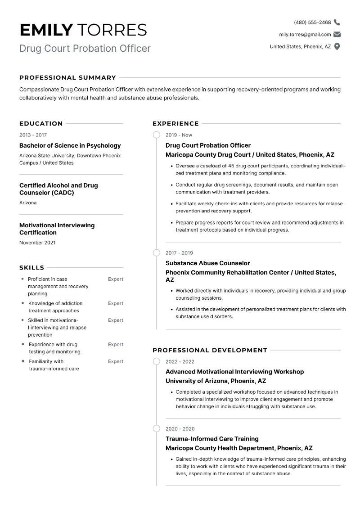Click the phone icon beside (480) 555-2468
[337, 23]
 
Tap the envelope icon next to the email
[337, 35]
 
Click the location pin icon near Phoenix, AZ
[337, 46]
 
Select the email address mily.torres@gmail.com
[305, 35]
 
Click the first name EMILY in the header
[46, 30]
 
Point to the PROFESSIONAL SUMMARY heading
[67, 77]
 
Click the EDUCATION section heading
[41, 123]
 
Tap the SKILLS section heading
[31, 267]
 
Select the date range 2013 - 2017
[33, 135]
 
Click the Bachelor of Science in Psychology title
[70, 145]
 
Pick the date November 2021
[37, 243]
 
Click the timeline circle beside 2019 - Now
[157, 135]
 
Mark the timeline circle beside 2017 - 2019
[157, 253]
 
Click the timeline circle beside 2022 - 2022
[157, 361]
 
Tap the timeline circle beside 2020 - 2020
[157, 429]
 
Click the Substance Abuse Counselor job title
[207, 263]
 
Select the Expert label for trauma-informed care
[115, 361]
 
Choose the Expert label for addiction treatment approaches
[115, 303]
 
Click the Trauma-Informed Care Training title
[212, 439]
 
